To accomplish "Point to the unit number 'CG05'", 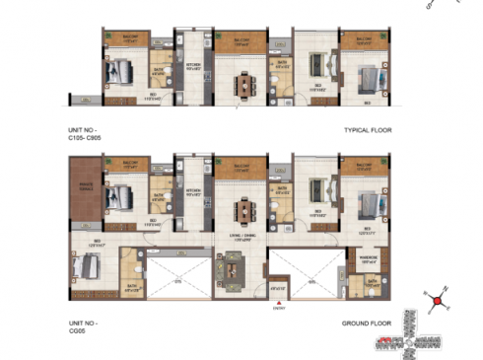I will pos(77,327).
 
